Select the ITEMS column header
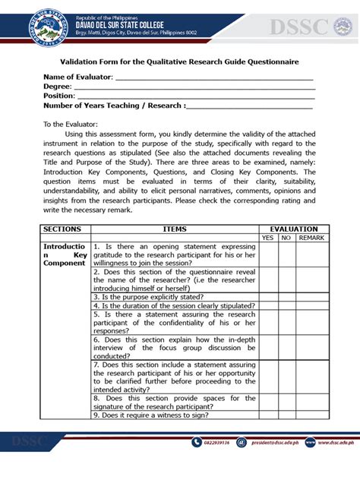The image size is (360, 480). click(174, 229)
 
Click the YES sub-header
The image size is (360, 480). click(267, 238)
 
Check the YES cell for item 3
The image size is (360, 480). click(267, 297)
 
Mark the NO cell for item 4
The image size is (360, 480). click(286, 305)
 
